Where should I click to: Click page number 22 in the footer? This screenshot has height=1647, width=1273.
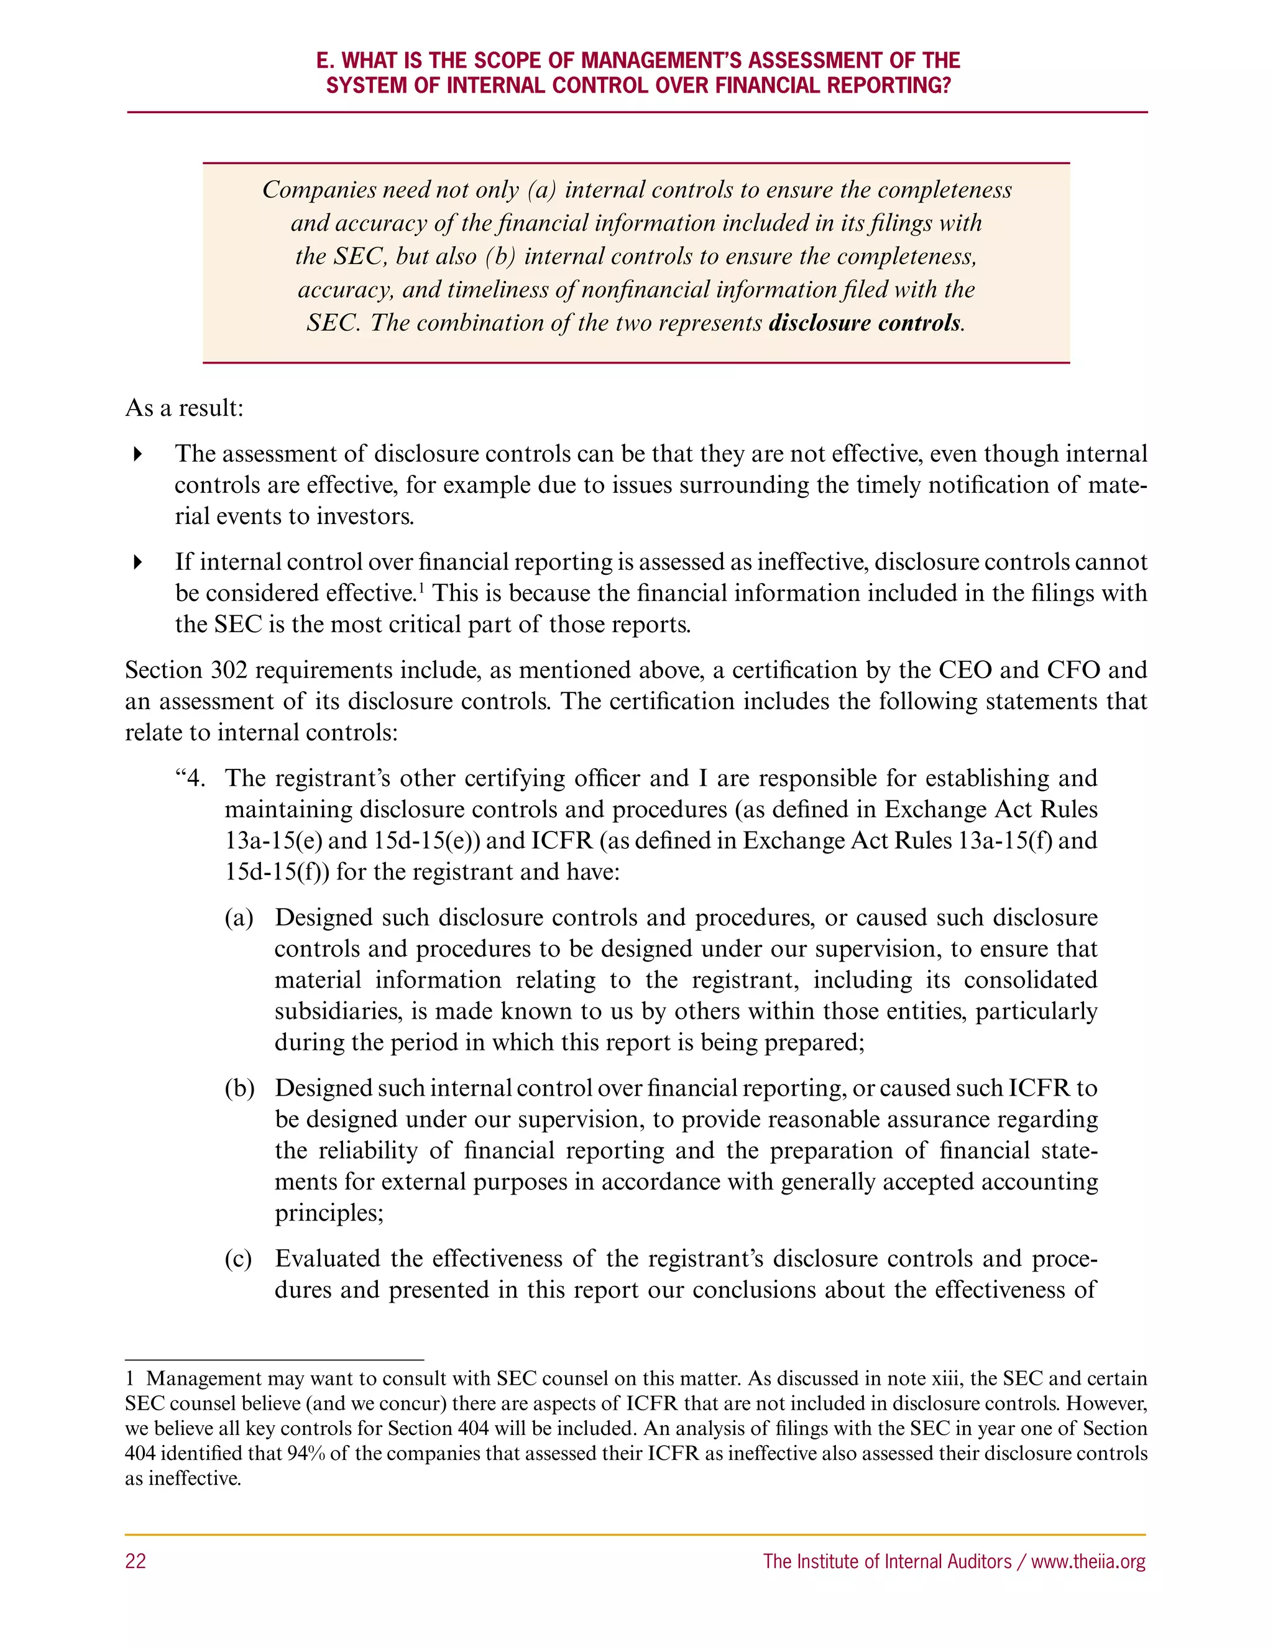point(136,1561)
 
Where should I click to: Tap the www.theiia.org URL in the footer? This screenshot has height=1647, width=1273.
point(1088,1561)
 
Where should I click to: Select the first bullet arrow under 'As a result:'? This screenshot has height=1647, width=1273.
point(137,454)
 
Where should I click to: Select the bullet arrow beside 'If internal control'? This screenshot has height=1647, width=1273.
point(137,562)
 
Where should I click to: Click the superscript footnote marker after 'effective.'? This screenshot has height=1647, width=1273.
point(421,587)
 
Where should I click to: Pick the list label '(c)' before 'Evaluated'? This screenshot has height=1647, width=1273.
point(238,1259)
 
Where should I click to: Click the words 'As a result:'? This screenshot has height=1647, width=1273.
point(184,408)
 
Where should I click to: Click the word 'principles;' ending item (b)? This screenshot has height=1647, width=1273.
point(329,1213)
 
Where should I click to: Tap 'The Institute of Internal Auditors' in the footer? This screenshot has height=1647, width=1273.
point(887,1561)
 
